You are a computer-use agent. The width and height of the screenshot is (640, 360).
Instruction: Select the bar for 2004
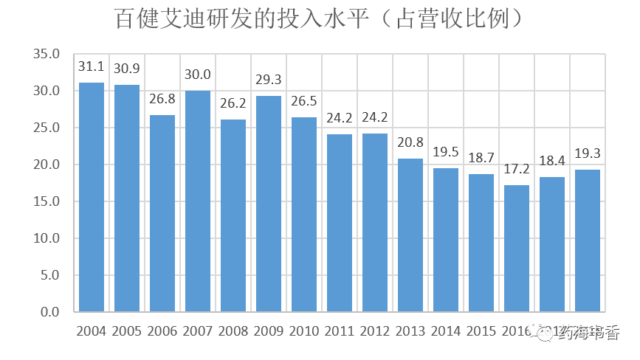pyautogui.click(x=92, y=197)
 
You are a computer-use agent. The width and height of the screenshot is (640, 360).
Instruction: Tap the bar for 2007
pyautogui.click(x=198, y=201)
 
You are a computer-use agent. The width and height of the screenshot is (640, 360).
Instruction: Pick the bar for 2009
pyautogui.click(x=269, y=204)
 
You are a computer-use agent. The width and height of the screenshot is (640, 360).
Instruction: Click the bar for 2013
pyautogui.click(x=410, y=235)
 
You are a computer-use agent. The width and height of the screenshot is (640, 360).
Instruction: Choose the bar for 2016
pyautogui.click(x=517, y=248)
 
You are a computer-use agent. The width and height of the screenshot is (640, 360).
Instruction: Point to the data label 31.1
pyautogui.click(x=92, y=67)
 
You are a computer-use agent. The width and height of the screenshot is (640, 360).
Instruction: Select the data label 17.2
pyautogui.click(x=517, y=170)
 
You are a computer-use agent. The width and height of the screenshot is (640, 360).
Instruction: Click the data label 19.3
pyautogui.click(x=588, y=154)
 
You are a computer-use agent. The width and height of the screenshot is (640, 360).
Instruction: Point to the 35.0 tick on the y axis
pyautogui.click(x=46, y=54)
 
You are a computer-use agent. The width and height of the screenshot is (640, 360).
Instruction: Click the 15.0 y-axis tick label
pyautogui.click(x=46, y=201)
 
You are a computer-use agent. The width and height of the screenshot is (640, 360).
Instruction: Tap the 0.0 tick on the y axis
pyautogui.click(x=49, y=312)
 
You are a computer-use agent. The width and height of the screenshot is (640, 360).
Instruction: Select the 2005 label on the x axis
pyautogui.click(x=127, y=331)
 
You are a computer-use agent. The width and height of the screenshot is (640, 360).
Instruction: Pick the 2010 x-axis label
pyautogui.click(x=304, y=331)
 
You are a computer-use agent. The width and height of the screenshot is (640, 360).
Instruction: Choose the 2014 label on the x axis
pyautogui.click(x=446, y=331)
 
